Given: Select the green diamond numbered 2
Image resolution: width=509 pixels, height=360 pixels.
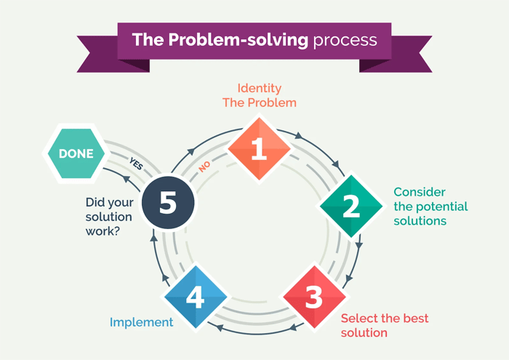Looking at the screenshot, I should [x=351, y=206].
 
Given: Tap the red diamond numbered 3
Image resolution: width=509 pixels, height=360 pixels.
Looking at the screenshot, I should [x=313, y=297].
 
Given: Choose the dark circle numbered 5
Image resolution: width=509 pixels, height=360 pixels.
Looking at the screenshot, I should [x=168, y=203].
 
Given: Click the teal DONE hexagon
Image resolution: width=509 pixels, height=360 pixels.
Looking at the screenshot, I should [x=76, y=153].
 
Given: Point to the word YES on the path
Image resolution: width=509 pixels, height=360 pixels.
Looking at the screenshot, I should [x=136, y=164].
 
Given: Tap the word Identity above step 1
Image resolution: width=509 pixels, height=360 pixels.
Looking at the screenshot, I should [x=260, y=88].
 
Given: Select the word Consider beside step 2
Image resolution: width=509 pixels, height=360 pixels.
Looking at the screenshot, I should [x=420, y=192].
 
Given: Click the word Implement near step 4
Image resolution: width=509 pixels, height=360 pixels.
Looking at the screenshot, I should [x=141, y=321].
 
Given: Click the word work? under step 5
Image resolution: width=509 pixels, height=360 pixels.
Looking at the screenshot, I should [x=104, y=231].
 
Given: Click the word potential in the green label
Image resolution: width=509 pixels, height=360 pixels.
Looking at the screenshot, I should [x=441, y=207].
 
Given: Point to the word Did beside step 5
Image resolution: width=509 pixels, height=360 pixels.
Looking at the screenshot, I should [x=96, y=202].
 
